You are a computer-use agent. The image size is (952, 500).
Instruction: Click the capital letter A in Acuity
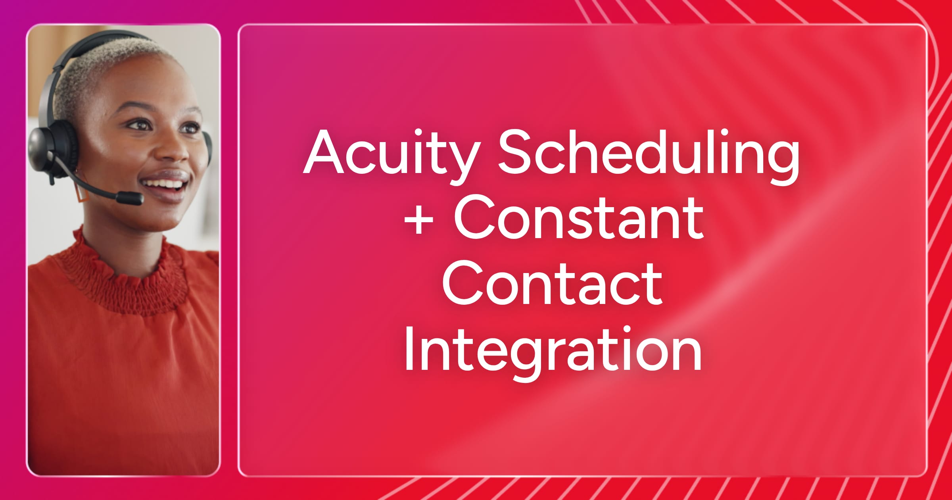pos(323,152)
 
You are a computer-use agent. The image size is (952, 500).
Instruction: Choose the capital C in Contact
pos(464,283)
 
